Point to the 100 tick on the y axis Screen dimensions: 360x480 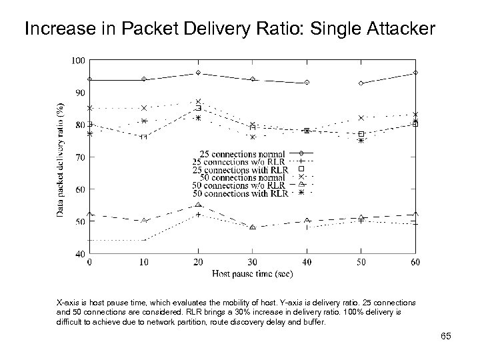(77, 61)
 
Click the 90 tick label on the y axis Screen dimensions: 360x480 (79, 93)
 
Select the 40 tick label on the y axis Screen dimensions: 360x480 (79, 254)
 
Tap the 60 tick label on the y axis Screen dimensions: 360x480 (79, 189)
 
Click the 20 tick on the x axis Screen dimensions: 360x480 (198, 263)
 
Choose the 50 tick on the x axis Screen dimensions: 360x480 (361, 263)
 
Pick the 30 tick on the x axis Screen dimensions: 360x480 (252, 263)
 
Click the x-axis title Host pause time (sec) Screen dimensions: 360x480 (253, 273)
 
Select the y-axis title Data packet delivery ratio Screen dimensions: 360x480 (61, 159)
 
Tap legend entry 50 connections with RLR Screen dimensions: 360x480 (240, 193)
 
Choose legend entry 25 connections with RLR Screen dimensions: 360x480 (240, 169)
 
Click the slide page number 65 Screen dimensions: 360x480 (445, 336)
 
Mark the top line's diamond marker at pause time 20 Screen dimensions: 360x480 (198, 73)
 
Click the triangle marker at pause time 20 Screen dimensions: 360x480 (198, 205)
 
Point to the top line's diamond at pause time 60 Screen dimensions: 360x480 (415, 73)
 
